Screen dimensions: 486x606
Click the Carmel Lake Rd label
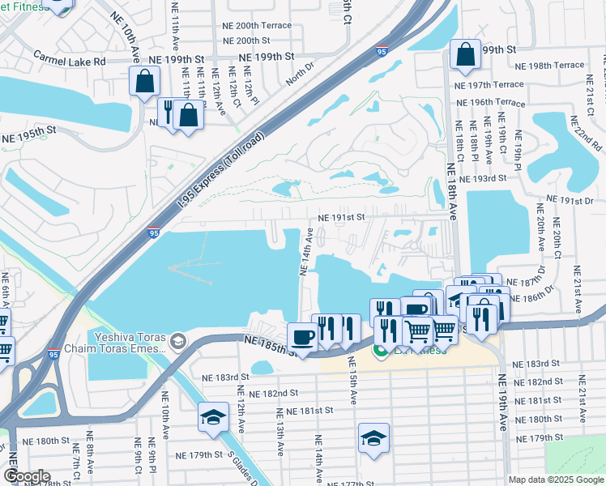(70, 61)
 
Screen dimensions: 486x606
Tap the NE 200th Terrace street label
(257, 25)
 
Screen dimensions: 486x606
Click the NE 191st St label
(342, 218)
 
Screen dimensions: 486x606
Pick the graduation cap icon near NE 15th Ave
(373, 437)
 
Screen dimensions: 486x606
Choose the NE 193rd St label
(482, 178)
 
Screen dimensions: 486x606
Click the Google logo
(28, 475)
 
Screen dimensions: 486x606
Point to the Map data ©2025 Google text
(555, 480)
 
